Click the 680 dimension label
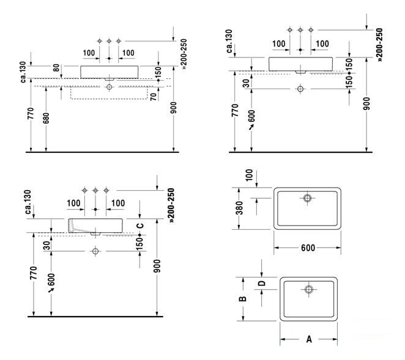click(x=46, y=118)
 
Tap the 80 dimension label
click(x=56, y=68)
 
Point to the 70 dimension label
click(x=154, y=97)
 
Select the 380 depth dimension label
click(x=240, y=208)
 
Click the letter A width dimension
click(x=309, y=339)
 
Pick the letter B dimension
click(x=242, y=299)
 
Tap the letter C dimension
click(x=139, y=226)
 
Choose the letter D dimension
click(x=262, y=284)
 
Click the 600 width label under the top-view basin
click(x=308, y=248)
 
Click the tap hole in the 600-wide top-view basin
click(x=307, y=198)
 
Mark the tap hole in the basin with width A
click(x=309, y=289)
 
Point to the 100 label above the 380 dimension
click(x=249, y=175)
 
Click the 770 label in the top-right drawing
click(x=235, y=110)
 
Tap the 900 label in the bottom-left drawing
click(x=157, y=266)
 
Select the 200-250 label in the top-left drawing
click(x=184, y=54)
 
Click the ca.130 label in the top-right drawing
click(x=229, y=42)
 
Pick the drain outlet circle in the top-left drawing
click(x=110, y=87)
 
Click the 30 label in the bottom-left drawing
click(x=46, y=246)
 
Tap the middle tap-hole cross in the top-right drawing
click(x=300, y=30)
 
